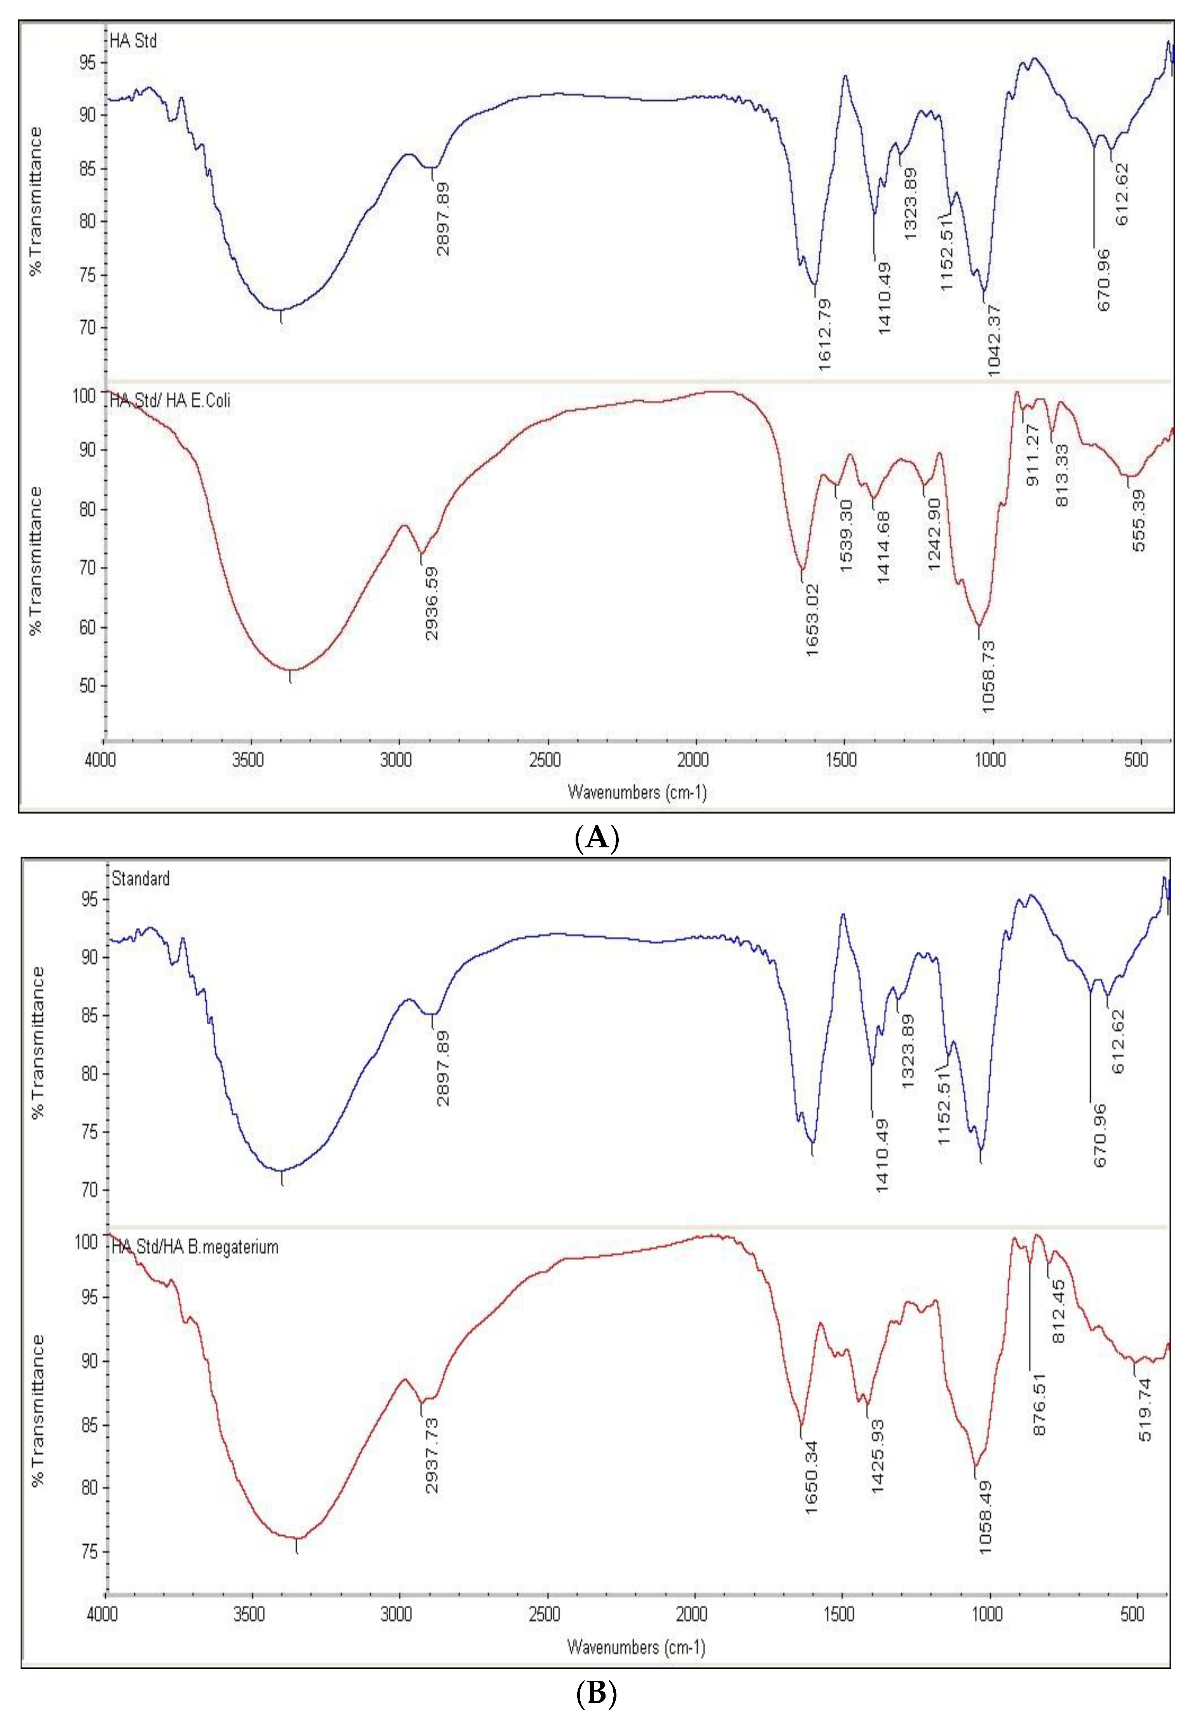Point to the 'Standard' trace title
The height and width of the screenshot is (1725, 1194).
pyautogui.click(x=141, y=878)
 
